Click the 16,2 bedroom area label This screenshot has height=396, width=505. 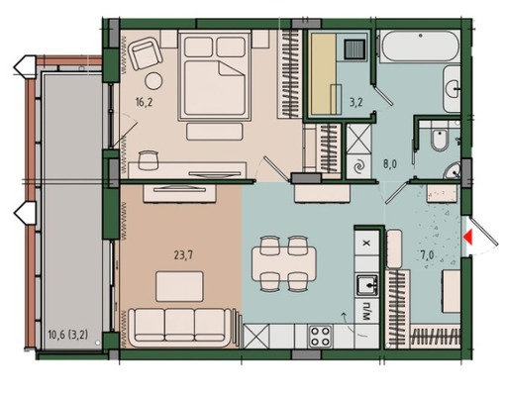coord(144,103)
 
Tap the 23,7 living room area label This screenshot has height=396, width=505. coord(183,255)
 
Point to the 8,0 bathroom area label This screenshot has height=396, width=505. coord(389,164)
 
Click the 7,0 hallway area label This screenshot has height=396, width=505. coord(427,255)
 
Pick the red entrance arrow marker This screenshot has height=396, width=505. coord(468,238)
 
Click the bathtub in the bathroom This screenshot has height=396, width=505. coord(419,46)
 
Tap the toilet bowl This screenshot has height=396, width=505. coord(440,141)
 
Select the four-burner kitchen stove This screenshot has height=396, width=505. coord(320,337)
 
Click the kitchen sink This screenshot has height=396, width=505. coord(366,285)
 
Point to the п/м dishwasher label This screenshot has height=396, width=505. coord(366,311)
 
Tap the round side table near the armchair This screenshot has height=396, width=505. coord(153,80)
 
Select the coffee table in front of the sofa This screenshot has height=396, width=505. coord(179,286)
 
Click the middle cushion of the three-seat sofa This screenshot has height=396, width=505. coord(179,325)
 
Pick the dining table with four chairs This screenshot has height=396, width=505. coord(284,263)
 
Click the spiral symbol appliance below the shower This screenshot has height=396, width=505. coord(358,167)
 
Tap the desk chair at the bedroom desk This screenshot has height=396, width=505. coord(149,159)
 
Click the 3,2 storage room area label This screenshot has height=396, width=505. coord(356,102)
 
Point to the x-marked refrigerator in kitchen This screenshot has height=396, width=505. coord(366,243)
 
